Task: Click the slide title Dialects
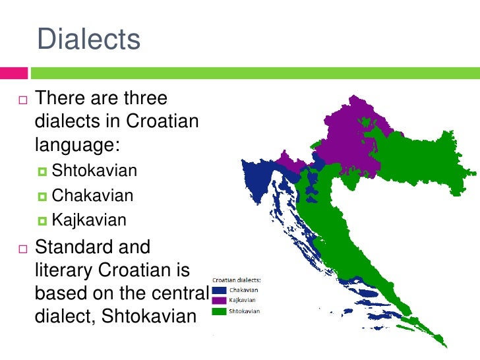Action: tap(89, 40)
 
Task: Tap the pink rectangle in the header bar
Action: tap(13, 71)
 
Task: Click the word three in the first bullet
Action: tap(144, 100)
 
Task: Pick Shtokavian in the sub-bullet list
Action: tap(94, 171)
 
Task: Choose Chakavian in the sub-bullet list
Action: tap(92, 196)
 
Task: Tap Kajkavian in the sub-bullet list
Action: tap(89, 220)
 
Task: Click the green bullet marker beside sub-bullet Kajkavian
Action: tap(44, 221)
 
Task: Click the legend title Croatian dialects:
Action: tap(237, 280)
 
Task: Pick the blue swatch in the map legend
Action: tap(219, 289)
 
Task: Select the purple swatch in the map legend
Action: tap(219, 300)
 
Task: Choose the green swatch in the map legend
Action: tap(219, 311)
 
